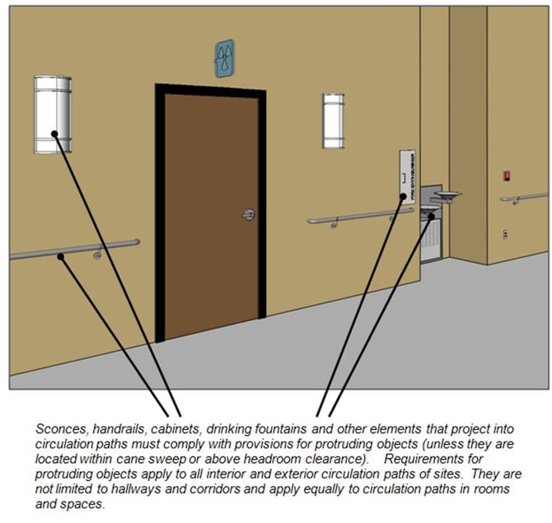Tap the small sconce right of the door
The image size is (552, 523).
coord(333,120)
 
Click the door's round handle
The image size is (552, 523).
coord(248,215)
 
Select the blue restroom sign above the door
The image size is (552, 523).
coord(224,58)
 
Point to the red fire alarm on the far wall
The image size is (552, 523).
coord(507,175)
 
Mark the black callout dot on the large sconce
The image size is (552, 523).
coord(54,134)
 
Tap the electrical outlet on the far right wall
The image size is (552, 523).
coord(505,234)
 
